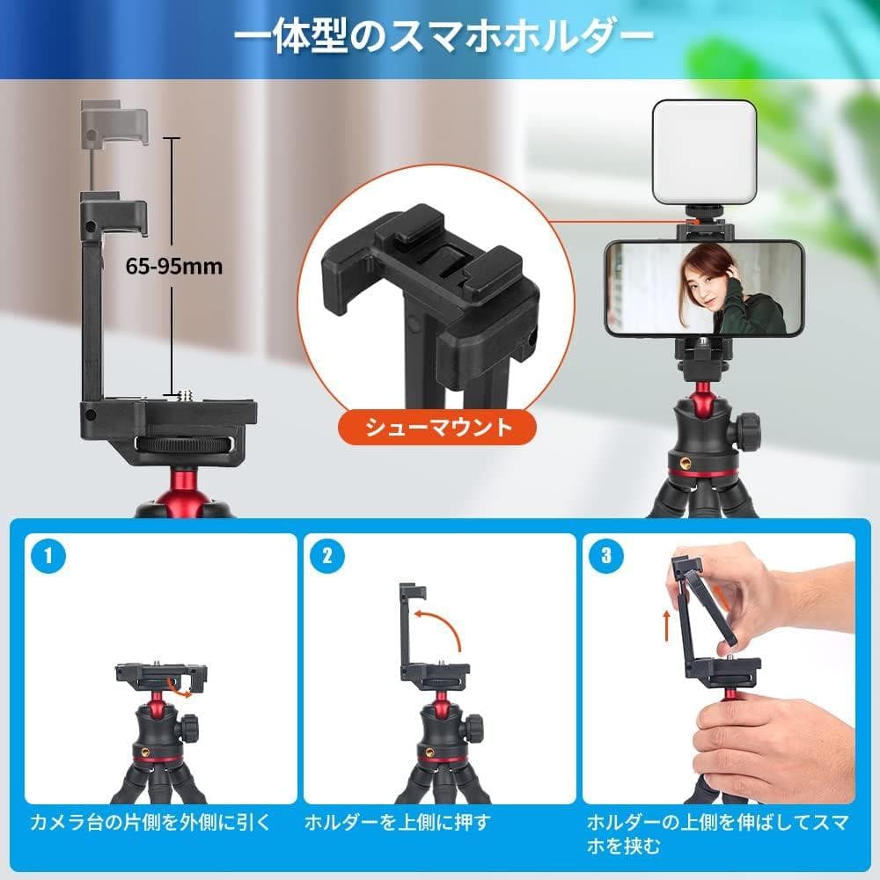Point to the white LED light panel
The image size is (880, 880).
click(704, 151)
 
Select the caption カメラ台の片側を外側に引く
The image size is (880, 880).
click(150, 824)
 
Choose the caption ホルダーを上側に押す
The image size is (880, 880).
click(397, 824)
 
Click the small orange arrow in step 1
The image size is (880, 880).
click(182, 693)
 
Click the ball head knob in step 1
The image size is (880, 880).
click(190, 728)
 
